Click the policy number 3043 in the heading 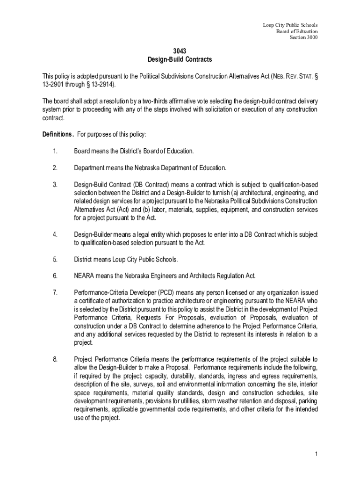(180, 51)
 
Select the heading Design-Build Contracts (180, 59)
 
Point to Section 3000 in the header (304, 38)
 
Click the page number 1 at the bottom (317, 454)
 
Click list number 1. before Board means (55, 151)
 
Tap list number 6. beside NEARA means (55, 275)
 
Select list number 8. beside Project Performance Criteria (55, 359)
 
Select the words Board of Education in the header (297, 31)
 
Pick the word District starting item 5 (83, 259)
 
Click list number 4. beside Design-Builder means (55, 234)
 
